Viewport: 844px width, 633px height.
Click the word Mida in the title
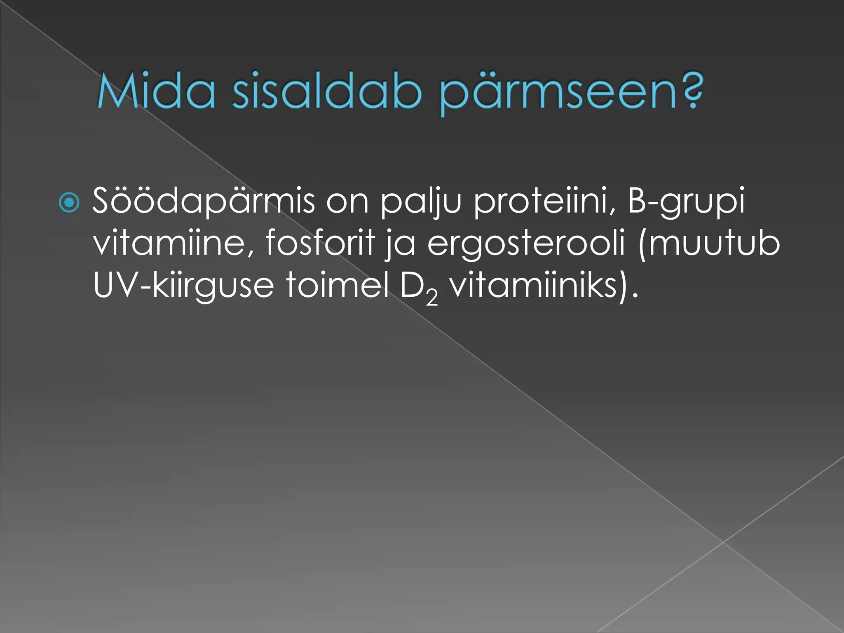[x=156, y=91]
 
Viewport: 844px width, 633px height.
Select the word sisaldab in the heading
[x=327, y=91]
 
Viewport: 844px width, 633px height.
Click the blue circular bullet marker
[x=69, y=203]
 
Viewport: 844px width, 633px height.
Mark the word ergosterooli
[x=526, y=244]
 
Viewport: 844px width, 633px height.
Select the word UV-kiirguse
[x=183, y=285]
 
